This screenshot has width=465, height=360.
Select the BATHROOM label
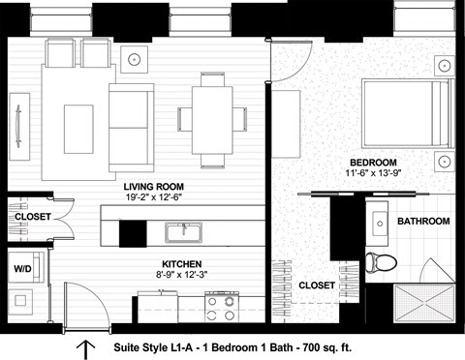[x=423, y=222]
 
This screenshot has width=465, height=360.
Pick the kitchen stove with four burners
[x=221, y=308]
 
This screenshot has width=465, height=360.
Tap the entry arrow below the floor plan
[x=85, y=347]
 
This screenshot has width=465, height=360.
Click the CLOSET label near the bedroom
[x=317, y=285]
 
